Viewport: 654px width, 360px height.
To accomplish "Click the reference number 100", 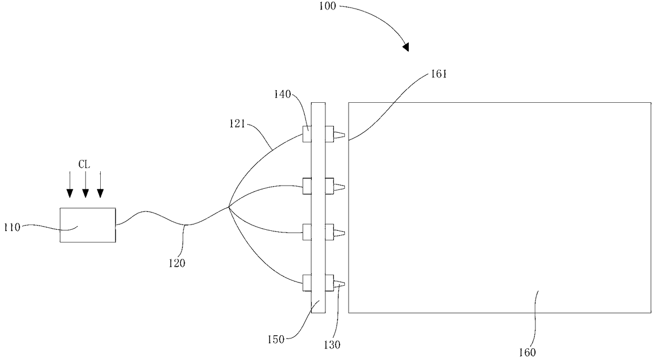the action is click(x=328, y=6).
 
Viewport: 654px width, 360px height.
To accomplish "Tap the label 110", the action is click(x=12, y=227).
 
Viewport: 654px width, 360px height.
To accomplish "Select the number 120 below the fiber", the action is click(x=177, y=263).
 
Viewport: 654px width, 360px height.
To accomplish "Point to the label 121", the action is click(x=237, y=124).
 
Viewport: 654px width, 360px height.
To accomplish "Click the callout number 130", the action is click(x=332, y=345).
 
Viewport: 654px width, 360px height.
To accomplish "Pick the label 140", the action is click(x=283, y=94).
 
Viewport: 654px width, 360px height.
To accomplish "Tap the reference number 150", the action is click(x=276, y=339).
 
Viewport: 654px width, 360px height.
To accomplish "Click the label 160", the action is click(x=527, y=353).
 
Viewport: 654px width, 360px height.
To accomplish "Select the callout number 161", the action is click(x=439, y=74).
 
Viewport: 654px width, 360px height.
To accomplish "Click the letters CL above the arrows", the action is click(x=84, y=164).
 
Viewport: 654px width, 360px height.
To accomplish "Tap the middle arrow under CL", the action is click(x=85, y=184).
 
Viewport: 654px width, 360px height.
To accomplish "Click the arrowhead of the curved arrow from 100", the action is click(x=406, y=47).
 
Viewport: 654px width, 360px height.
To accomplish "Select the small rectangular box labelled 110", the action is click(x=88, y=225).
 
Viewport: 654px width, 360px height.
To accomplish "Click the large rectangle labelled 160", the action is click(x=499, y=208).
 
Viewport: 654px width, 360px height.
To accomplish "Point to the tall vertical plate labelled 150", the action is click(x=318, y=208).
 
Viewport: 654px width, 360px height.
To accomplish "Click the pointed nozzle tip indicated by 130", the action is click(x=340, y=284).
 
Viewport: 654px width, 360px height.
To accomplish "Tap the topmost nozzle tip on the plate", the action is click(x=340, y=135).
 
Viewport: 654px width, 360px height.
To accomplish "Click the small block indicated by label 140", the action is click(x=307, y=134).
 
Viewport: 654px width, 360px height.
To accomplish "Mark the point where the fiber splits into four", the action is click(x=228, y=208).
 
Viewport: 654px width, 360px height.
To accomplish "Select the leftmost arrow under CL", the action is click(x=70, y=184).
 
